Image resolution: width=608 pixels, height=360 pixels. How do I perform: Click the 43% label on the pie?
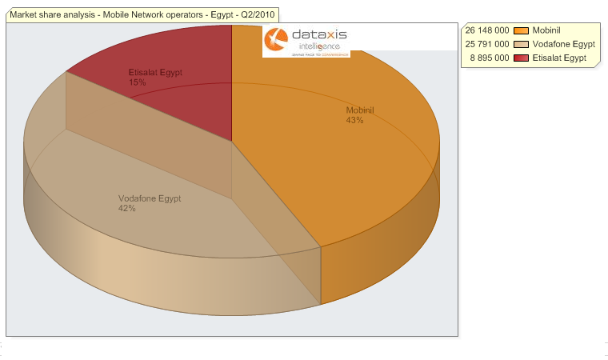click(x=355, y=121)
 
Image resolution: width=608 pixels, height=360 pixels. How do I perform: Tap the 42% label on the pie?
click(x=126, y=209)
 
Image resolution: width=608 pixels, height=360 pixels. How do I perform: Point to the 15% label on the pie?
click(x=137, y=82)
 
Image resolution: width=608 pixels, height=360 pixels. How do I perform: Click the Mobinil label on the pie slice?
click(x=359, y=110)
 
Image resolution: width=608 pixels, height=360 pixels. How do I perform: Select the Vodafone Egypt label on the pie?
click(x=150, y=198)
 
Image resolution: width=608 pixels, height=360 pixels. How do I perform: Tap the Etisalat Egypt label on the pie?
click(x=155, y=72)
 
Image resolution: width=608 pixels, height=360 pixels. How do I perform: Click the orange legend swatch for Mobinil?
click(x=522, y=30)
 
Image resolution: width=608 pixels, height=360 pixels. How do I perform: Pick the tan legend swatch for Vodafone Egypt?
click(x=522, y=44)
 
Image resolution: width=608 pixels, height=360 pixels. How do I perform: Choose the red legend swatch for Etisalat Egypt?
click(x=522, y=58)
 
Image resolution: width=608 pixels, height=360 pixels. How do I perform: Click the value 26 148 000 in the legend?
click(x=487, y=30)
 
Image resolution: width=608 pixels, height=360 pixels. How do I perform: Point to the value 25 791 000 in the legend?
click(x=487, y=44)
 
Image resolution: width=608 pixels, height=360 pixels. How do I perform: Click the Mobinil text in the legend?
click(x=546, y=30)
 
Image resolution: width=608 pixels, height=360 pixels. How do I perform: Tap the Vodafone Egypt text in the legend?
click(x=563, y=44)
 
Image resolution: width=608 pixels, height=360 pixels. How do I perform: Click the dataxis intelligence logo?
click(x=306, y=41)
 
